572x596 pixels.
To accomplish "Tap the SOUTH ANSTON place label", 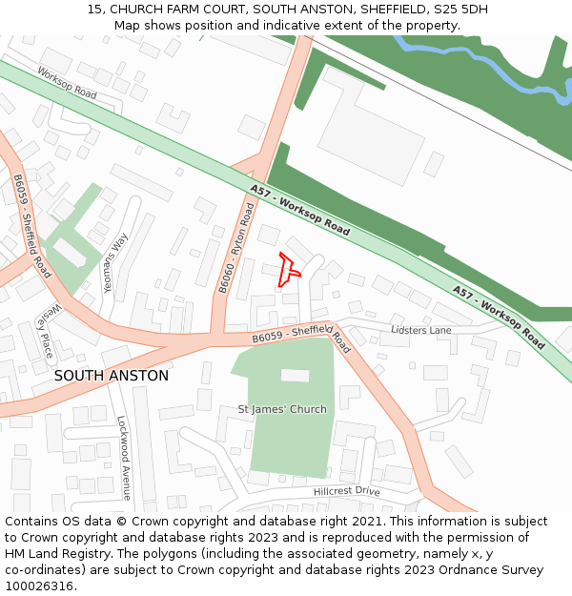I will point(111,376).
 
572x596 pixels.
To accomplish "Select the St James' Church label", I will point(281,409).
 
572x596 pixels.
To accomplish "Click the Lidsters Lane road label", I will point(421,330).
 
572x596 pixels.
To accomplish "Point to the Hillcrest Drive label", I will point(347,491).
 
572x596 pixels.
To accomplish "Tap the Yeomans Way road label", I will point(114,262).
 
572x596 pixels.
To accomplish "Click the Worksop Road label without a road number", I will point(67,83).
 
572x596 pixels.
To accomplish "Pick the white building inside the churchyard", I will point(295,376).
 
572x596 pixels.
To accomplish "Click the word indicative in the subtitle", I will point(289,25).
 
